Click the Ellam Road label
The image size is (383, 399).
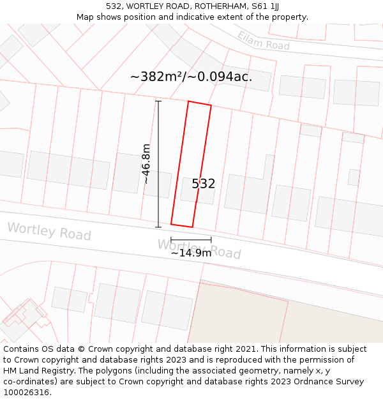coord(264,41)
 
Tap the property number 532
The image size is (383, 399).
coord(204,184)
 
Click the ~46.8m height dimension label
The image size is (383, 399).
coord(147,163)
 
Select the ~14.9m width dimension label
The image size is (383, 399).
coord(191,253)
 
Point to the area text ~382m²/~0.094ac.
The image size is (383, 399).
coord(191,77)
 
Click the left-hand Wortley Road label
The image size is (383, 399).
coord(49,231)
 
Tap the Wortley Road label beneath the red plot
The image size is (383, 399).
coord(199,248)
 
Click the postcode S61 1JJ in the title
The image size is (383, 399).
coord(266,6)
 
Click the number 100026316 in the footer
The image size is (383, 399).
coord(26,392)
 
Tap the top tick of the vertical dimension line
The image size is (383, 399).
coord(158,101)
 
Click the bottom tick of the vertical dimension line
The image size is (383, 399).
coord(158,227)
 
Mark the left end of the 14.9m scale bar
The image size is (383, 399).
coord(171,240)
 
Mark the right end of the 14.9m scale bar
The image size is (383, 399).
coord(211,240)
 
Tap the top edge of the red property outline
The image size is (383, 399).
coord(199,103)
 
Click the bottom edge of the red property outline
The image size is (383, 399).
coord(181,225)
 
